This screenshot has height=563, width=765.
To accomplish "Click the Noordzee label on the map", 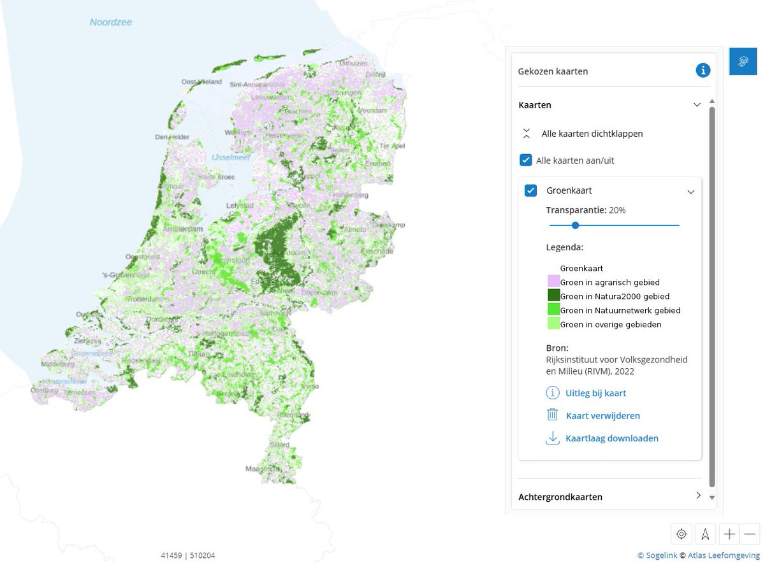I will click(110, 22).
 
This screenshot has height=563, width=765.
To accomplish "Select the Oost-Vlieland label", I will click(201, 82).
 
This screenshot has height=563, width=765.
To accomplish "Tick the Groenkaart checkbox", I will click(530, 190).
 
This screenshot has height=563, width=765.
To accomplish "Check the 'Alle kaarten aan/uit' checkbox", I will click(526, 160).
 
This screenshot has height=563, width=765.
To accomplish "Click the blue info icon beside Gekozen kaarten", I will click(703, 70).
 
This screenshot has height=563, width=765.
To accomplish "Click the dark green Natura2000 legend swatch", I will click(553, 296).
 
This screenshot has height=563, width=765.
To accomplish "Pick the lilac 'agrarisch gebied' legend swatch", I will click(553, 281).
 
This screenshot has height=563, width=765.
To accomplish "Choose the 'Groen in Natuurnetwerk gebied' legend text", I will click(620, 310).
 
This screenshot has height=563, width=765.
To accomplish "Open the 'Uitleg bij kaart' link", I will click(595, 393).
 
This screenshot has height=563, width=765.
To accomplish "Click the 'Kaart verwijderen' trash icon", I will click(552, 415).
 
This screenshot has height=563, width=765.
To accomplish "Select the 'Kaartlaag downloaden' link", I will click(611, 438).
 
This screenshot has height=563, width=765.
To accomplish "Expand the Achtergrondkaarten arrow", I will click(698, 495).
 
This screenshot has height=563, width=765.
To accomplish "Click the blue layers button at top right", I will click(743, 61).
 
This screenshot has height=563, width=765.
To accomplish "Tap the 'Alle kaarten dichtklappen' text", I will click(592, 134).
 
